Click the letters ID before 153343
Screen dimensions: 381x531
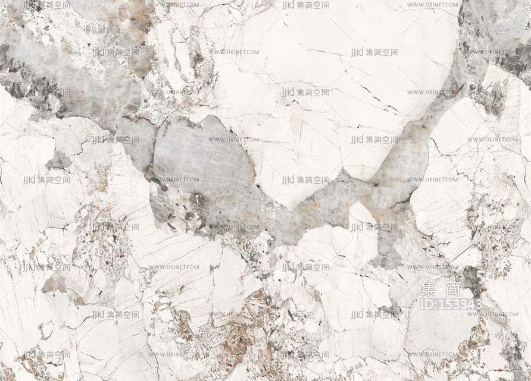tap(427, 304)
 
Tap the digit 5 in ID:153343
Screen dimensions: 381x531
tap(451, 304)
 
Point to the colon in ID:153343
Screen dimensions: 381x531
tap(438, 305)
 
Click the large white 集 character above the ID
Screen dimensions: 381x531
tap(429, 290)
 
